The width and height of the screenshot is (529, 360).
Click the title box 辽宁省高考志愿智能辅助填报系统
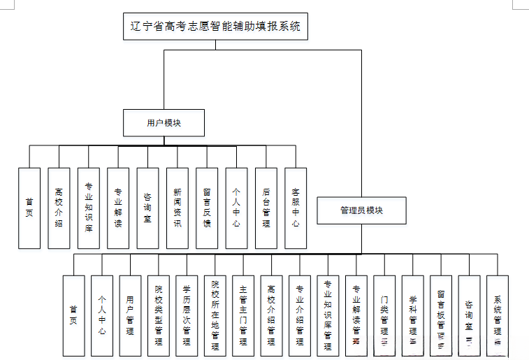click(215, 27)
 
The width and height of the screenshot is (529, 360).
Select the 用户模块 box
click(164, 122)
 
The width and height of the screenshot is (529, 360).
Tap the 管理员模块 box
click(361, 210)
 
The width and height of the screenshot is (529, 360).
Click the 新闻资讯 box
click(177, 208)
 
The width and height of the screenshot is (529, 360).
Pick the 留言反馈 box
click(207, 208)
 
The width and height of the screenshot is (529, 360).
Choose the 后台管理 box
click(266, 208)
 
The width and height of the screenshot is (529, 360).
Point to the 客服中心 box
click(296, 208)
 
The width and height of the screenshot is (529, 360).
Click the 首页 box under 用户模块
click(29, 208)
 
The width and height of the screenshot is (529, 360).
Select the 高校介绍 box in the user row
click(59, 208)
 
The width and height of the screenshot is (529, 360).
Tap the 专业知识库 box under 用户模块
click(89, 208)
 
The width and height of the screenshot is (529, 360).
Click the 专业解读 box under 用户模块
click(118, 208)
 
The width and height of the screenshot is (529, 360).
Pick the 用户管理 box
click(130, 315)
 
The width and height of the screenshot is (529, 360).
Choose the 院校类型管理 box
click(159, 315)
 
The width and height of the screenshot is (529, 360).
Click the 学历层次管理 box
click(187, 315)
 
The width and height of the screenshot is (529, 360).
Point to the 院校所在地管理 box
click(215, 315)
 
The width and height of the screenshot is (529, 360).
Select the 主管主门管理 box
click(243, 315)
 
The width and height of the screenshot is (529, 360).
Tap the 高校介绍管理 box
click(271, 315)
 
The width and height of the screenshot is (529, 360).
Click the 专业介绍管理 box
click(300, 315)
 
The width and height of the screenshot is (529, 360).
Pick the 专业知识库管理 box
click(328, 315)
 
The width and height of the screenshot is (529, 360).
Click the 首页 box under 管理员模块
click(73, 315)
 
